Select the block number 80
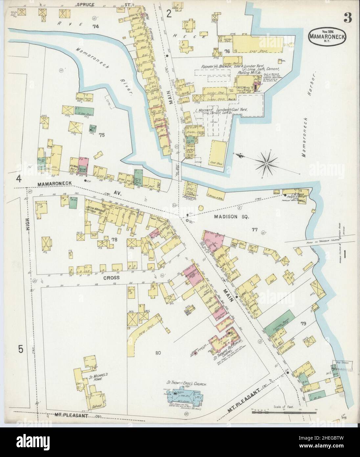[158, 353]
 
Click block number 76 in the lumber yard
[227, 51]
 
